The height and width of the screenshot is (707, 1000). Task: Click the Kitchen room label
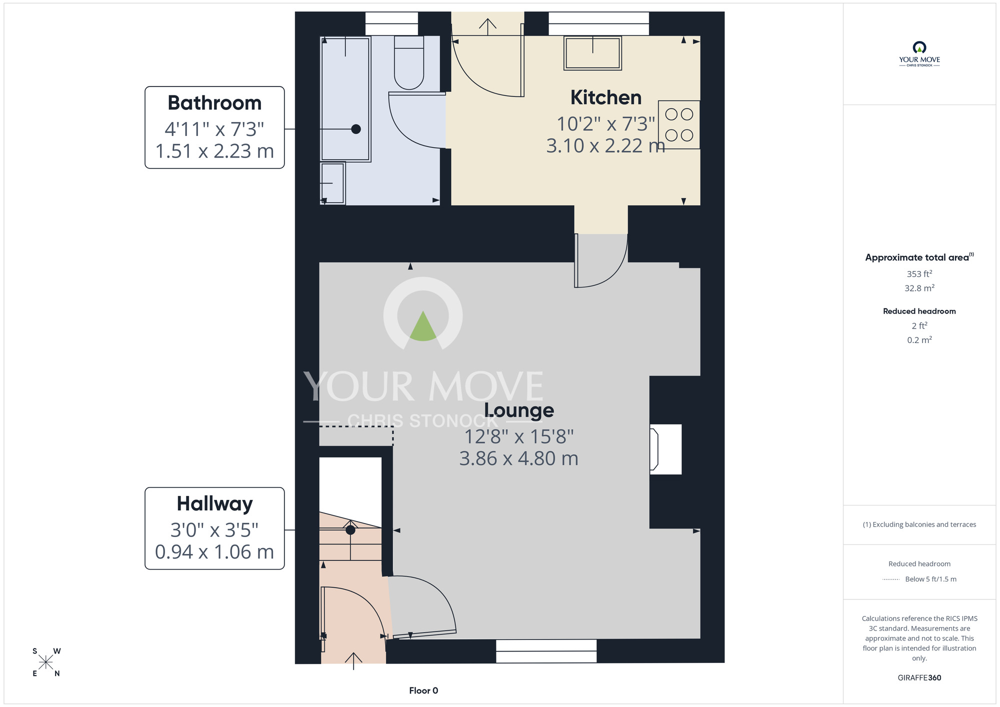(x=605, y=97)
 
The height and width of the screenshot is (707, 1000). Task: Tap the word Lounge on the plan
(x=519, y=410)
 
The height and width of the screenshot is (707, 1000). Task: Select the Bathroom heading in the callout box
(x=214, y=103)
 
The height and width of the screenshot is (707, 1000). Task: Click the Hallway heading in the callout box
(x=214, y=503)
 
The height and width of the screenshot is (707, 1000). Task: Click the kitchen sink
(x=592, y=53)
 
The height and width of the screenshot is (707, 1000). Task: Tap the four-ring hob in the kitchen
(x=678, y=124)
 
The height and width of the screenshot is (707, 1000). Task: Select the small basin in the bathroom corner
(x=332, y=183)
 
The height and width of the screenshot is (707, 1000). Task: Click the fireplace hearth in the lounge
(x=665, y=449)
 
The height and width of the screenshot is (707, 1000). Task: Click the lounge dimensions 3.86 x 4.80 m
(x=518, y=458)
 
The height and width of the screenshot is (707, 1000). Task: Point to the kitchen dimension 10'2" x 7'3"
(x=605, y=123)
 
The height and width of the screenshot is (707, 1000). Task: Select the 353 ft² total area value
(x=919, y=274)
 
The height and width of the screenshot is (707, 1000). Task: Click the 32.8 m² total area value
(x=919, y=288)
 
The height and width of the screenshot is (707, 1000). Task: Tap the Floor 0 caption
(x=423, y=690)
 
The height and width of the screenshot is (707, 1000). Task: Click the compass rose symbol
(x=45, y=662)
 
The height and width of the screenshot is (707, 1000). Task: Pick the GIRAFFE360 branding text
(x=919, y=678)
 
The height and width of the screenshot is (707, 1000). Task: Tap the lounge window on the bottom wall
(x=546, y=651)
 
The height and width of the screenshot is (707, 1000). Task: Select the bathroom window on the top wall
(x=391, y=24)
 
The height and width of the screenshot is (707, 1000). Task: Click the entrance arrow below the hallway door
(x=353, y=660)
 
